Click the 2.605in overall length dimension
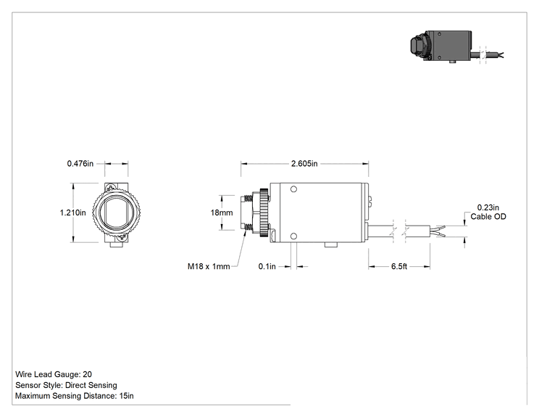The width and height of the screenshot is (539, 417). pyautogui.click(x=304, y=163)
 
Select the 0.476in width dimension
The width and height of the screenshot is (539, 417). pyautogui.click(x=80, y=163)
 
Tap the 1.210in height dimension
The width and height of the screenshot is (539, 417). pyautogui.click(x=73, y=212)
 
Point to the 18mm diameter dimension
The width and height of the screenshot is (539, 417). pyautogui.click(x=222, y=212)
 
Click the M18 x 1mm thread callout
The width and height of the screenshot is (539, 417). pyautogui.click(x=209, y=266)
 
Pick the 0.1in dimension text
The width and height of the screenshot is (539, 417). pyautogui.click(x=267, y=266)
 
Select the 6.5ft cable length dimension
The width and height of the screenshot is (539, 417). pyautogui.click(x=399, y=266)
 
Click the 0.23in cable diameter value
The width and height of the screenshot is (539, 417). pyautogui.click(x=488, y=207)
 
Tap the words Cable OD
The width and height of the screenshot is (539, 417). pyautogui.click(x=488, y=216)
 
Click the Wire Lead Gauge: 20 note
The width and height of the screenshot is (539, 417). pyautogui.click(x=54, y=374)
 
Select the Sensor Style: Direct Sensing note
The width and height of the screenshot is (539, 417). pyautogui.click(x=66, y=385)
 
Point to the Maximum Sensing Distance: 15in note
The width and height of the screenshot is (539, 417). pyautogui.click(x=74, y=396)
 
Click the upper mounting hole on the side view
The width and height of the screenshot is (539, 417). pyautogui.click(x=293, y=189)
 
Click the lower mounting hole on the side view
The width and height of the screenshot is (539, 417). pyautogui.click(x=293, y=236)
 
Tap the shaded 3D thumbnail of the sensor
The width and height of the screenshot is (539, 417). pyautogui.click(x=457, y=47)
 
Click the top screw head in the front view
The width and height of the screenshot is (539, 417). pyautogui.click(x=112, y=188)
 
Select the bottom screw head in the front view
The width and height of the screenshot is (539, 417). pyautogui.click(x=121, y=237)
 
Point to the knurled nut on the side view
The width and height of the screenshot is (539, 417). pyautogui.click(x=264, y=212)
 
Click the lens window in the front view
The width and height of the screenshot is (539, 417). pyautogui.click(x=116, y=212)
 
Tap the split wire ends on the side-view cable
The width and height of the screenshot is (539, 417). pyautogui.click(x=438, y=231)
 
